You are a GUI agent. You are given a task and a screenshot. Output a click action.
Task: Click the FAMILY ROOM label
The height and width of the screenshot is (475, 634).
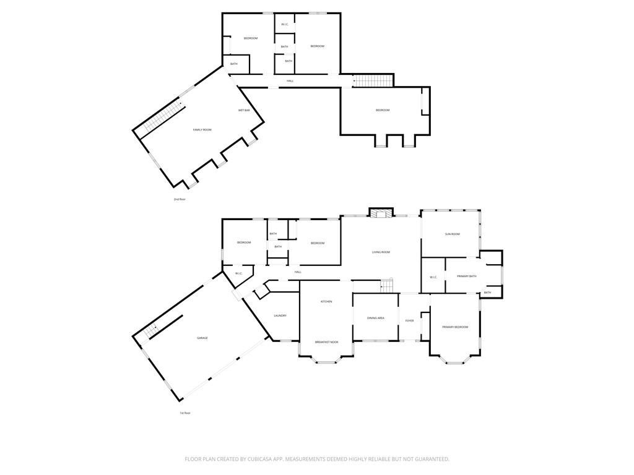pos(202,130)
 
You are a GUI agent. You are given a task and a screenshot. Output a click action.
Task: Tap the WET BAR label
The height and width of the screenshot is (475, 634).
pos(244,111)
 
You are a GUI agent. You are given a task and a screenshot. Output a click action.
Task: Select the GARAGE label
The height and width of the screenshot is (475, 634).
pos(202,338)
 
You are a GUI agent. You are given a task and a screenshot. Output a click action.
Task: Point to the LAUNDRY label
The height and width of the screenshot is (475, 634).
pos(280,316)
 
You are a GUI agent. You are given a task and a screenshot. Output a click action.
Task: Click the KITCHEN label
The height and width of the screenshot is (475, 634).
pos(326,302)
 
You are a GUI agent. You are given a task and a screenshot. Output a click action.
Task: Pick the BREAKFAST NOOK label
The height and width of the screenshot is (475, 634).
pos(326,342)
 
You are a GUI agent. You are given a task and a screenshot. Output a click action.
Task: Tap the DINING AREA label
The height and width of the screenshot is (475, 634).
pos(376,318)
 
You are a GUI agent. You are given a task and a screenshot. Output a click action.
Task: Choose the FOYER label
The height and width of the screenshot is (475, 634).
pos(409,320)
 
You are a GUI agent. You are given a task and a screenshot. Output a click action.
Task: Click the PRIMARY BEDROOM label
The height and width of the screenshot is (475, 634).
pos(455,327)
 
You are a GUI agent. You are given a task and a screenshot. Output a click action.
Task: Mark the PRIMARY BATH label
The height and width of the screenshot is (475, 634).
pos(467,276)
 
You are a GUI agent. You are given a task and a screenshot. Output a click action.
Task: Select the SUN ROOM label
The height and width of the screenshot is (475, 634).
pos(453,234)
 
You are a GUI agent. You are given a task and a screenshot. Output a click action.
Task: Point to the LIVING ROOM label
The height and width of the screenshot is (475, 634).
pos(381,252)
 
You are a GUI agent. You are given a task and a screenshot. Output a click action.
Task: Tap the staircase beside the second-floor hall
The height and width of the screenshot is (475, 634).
pos(373,80)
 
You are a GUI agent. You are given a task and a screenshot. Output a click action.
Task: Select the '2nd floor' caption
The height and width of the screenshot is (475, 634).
pos(180,200)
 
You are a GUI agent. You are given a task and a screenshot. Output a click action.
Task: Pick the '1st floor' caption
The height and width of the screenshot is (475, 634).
pos(185,413)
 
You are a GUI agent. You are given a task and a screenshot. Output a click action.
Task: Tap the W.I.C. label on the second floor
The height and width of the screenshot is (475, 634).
pos(285,25)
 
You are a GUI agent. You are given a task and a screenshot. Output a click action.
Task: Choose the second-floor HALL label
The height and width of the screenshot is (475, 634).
pos(290,81)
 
